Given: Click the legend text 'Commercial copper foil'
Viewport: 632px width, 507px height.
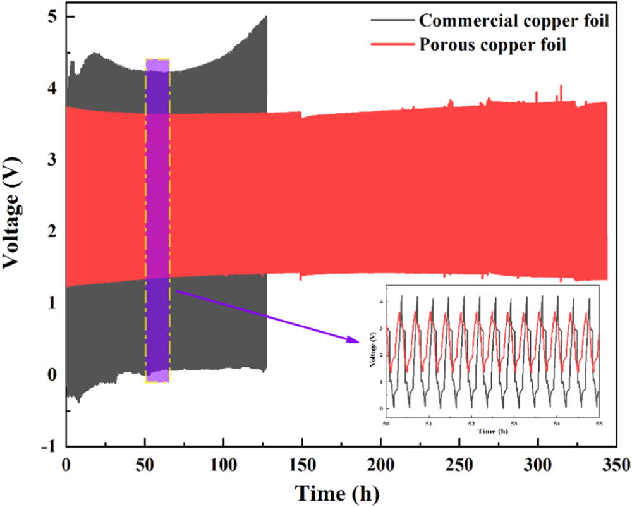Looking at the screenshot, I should click(514, 20).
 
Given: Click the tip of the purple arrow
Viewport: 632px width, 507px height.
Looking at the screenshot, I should click(358, 342).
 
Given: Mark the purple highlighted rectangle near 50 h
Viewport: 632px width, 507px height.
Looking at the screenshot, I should click(157, 221).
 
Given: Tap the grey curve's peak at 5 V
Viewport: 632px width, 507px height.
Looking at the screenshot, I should click(266, 17).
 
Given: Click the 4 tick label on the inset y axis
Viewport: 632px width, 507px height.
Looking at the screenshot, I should click(381, 302).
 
